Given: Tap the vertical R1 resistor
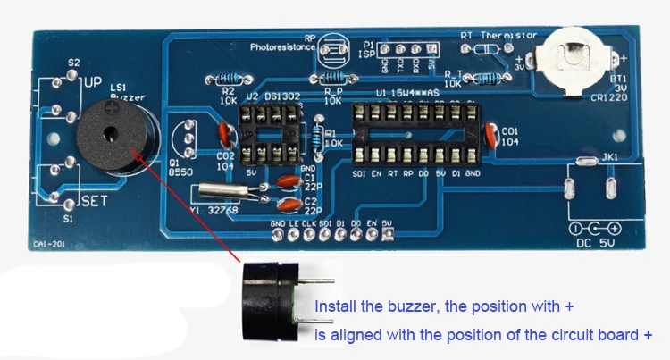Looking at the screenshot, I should click(x=318, y=135).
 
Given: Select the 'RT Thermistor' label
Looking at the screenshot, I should click(x=498, y=35).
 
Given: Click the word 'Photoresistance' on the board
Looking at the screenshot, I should click(x=283, y=46).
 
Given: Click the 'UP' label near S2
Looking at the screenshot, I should click(x=93, y=82).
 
